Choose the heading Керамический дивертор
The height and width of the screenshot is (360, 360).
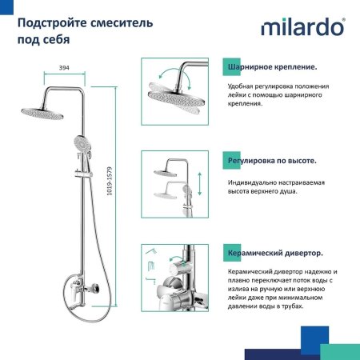coord(275,253)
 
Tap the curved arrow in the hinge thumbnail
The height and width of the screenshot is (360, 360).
coord(161,76)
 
